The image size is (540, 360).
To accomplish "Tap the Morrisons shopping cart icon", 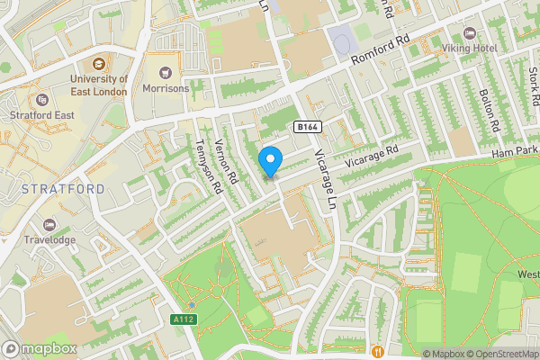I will [x=165, y=73].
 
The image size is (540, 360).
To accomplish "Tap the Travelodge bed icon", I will [x=49, y=224].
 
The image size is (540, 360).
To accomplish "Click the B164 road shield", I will [x=307, y=127].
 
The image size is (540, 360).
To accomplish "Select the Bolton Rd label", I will [x=489, y=107].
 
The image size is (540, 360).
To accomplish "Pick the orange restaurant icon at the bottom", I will [x=379, y=351].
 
